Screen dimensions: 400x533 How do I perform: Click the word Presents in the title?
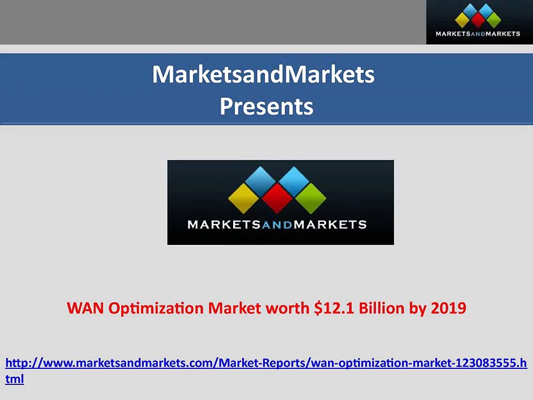click(x=266, y=106)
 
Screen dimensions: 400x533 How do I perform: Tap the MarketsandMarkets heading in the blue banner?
click(x=263, y=74)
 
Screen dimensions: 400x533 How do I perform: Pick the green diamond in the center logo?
click(x=310, y=198)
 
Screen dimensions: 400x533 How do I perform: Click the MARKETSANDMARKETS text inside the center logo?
click(x=277, y=225)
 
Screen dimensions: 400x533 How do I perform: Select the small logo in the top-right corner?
click(x=478, y=22)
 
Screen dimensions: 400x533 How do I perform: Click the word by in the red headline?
click(x=417, y=308)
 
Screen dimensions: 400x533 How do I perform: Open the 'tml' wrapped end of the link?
click(x=14, y=379)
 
